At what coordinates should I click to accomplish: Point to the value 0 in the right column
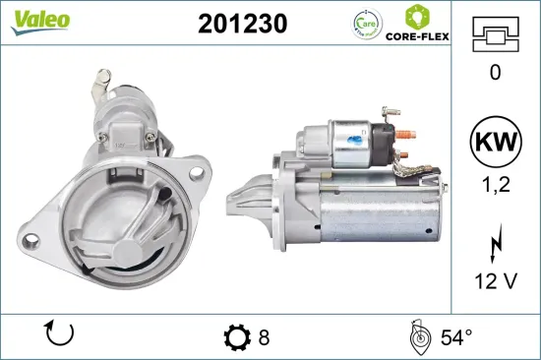point(495,71)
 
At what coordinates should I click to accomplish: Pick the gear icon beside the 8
point(236,337)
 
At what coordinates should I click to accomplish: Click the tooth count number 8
point(264,337)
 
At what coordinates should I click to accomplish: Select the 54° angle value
point(454,337)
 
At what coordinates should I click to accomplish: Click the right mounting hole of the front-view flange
point(196,172)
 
